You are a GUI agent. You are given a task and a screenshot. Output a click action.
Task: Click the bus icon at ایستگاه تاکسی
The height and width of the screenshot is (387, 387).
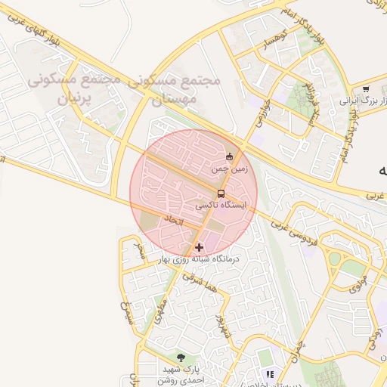[221, 193]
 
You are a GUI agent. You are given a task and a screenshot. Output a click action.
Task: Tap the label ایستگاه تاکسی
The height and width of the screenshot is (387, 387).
[220, 205]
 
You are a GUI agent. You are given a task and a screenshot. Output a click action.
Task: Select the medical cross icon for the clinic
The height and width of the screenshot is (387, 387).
[199, 247]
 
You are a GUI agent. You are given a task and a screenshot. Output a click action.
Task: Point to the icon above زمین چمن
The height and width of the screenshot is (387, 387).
[230, 156]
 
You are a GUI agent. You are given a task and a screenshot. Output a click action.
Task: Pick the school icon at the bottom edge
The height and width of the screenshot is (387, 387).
[270, 374]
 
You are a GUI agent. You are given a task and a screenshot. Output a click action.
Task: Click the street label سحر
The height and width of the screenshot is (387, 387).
[138, 252]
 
